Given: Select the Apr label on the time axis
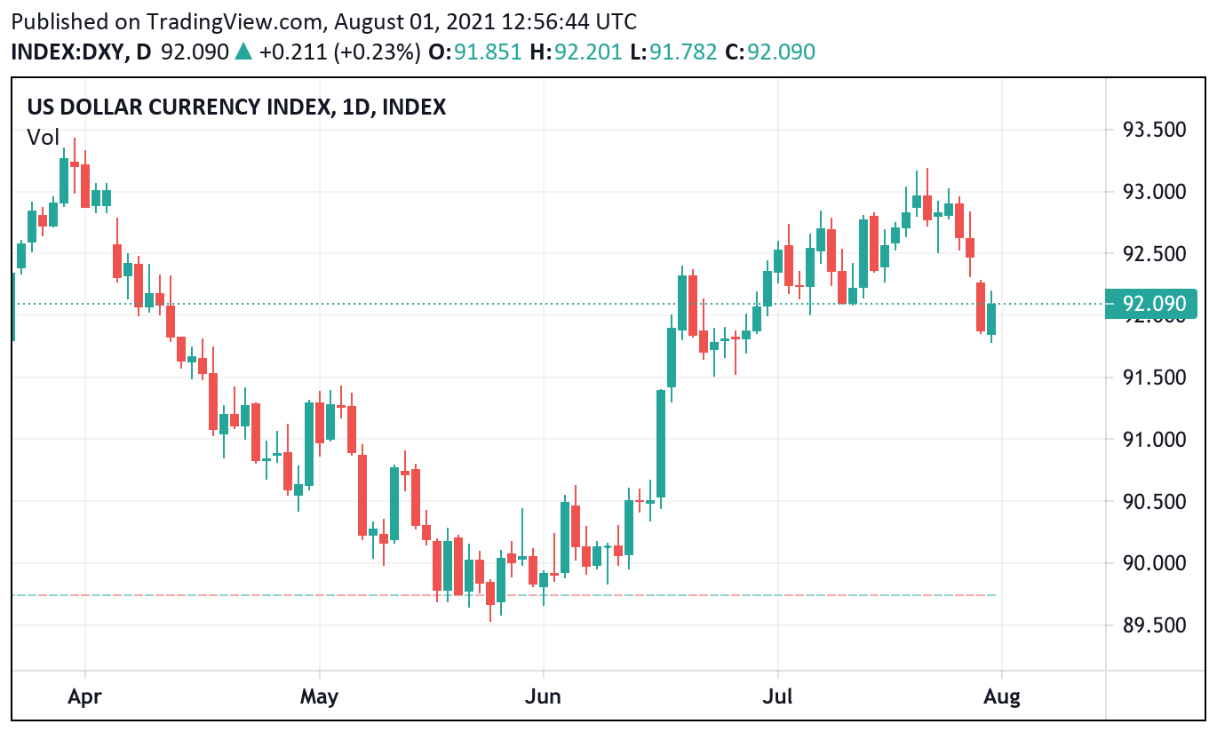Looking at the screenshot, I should (84, 696).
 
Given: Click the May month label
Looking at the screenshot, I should (319, 696).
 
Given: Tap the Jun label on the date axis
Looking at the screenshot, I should (543, 696).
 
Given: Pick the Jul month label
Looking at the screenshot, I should (778, 696).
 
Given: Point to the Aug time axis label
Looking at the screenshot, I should (1002, 696).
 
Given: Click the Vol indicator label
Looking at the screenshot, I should (43, 137).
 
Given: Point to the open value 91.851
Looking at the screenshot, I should (483, 52).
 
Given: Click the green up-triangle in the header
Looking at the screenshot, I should (243, 52).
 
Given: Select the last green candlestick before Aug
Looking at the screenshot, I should (991, 319).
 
